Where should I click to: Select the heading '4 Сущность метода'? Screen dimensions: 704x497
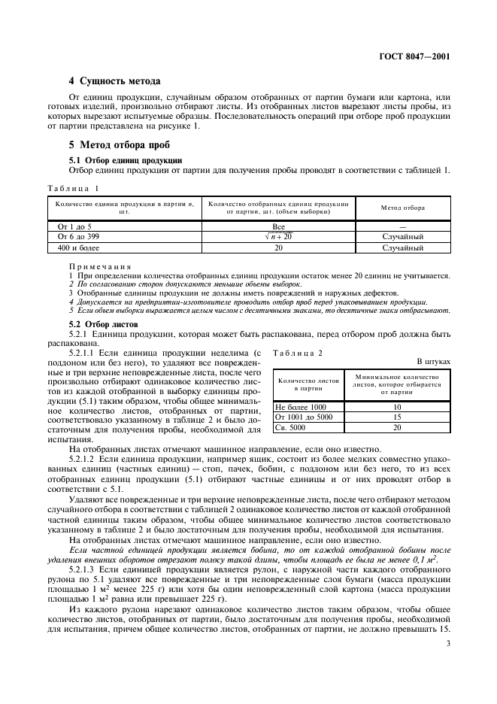tap(109, 80)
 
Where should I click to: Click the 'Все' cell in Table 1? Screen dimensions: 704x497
tap(277, 226)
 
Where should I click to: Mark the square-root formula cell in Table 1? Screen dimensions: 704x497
tap(277, 236)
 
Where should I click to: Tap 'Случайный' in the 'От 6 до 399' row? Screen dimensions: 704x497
tap(402, 236)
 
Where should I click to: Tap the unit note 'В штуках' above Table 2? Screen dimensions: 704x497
tap(432, 362)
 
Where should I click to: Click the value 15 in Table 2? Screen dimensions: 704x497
tap(396, 417)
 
